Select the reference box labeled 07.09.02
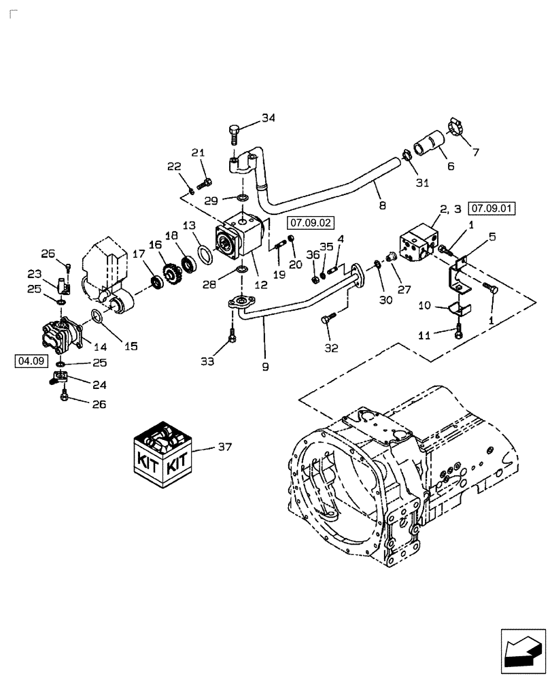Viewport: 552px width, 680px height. pyautogui.click(x=309, y=222)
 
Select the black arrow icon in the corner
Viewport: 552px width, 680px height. pyautogui.click(x=523, y=656)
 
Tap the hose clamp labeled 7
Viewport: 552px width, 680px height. pyautogui.click(x=460, y=127)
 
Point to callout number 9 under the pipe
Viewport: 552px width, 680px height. pyautogui.click(x=265, y=366)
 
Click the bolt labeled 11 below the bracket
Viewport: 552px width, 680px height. pyautogui.click(x=459, y=330)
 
